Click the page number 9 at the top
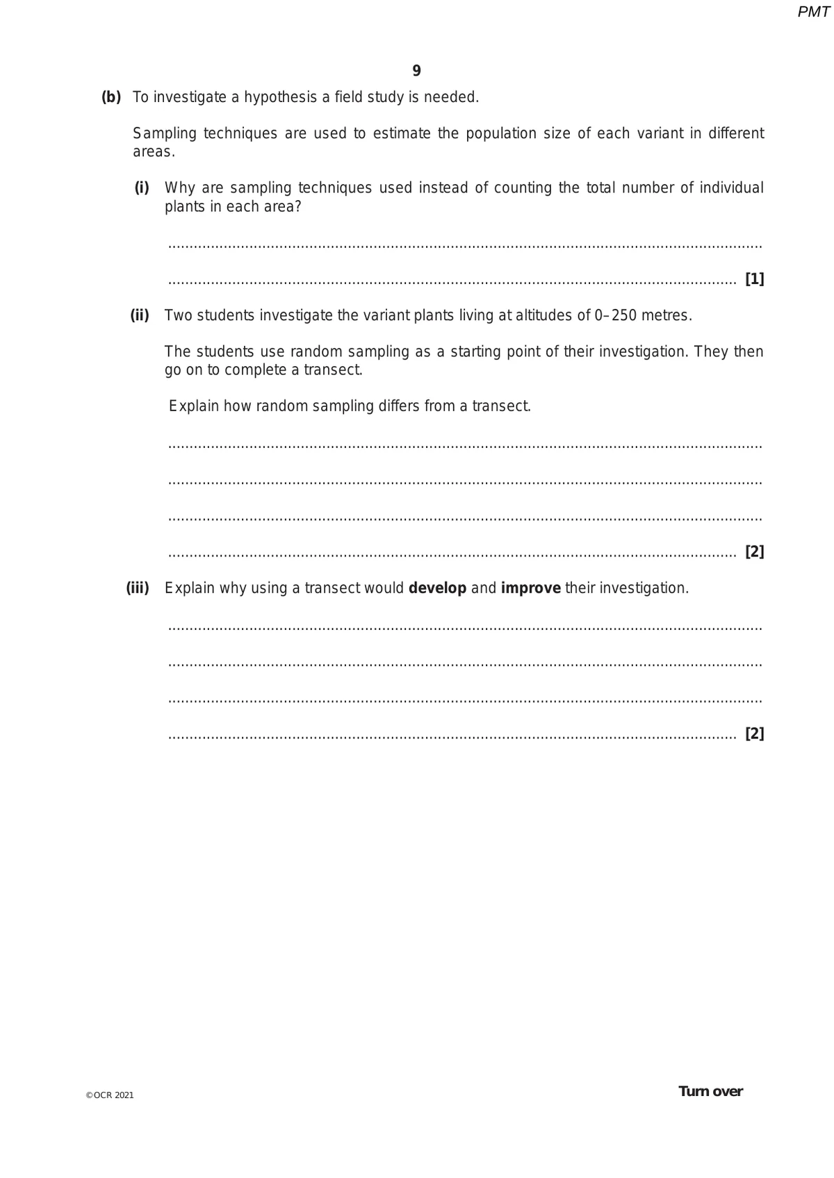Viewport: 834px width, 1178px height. point(416,71)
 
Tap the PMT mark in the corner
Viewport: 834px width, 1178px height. point(813,12)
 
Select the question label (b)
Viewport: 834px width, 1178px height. point(111,97)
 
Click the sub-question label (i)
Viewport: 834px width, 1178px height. point(142,188)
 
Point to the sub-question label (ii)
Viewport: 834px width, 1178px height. point(140,315)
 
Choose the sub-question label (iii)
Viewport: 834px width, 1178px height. point(138,588)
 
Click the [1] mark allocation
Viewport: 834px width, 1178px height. point(754,279)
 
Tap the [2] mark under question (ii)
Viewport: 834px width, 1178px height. point(754,551)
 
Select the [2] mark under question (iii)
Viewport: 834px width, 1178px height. point(754,733)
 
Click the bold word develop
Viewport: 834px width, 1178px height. point(437,588)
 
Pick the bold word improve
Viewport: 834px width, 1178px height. point(530,588)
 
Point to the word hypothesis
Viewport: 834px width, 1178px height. point(281,97)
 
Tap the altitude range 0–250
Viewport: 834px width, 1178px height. point(615,315)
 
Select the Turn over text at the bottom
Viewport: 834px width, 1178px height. point(710,1091)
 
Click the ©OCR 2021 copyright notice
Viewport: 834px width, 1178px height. point(110,1095)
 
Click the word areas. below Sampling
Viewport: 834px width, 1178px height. point(154,152)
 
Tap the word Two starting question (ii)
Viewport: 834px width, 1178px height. point(178,315)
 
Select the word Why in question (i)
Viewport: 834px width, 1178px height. point(180,188)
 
